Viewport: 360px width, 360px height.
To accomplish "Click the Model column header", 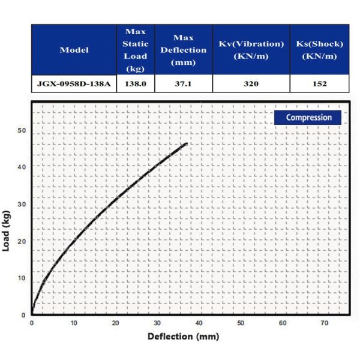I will click(x=74, y=50).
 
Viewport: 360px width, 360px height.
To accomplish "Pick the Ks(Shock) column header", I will click(x=319, y=50).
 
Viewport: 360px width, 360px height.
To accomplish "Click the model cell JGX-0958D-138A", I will click(x=74, y=84).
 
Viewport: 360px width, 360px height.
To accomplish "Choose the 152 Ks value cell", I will click(x=319, y=84).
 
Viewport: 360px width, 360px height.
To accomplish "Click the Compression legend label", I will click(x=308, y=118).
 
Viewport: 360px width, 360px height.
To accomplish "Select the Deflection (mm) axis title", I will click(x=183, y=336).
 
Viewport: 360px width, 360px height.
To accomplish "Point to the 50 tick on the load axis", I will click(x=22, y=130).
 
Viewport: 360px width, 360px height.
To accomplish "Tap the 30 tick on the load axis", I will click(x=22, y=204).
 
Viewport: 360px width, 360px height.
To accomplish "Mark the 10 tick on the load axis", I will click(x=22, y=278).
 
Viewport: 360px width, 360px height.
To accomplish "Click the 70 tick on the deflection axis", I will click(x=325, y=323).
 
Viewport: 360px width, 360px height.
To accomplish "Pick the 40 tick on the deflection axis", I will click(x=199, y=323).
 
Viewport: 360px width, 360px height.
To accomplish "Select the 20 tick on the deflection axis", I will click(x=115, y=323).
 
